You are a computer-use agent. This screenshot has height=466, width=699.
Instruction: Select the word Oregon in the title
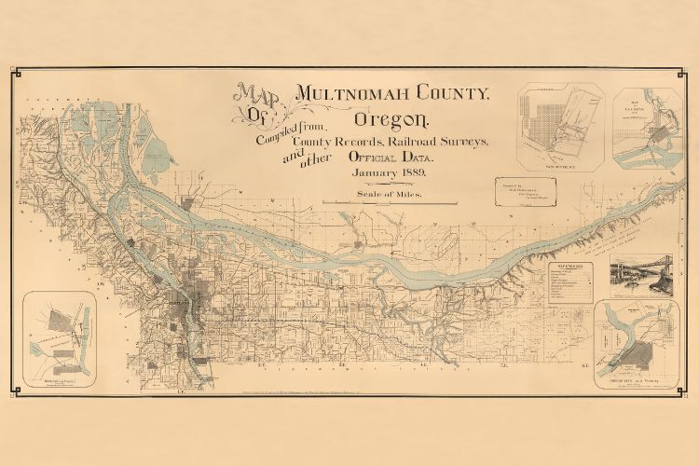click(x=391, y=120)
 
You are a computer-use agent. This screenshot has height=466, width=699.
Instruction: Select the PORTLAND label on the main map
click(x=179, y=303)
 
